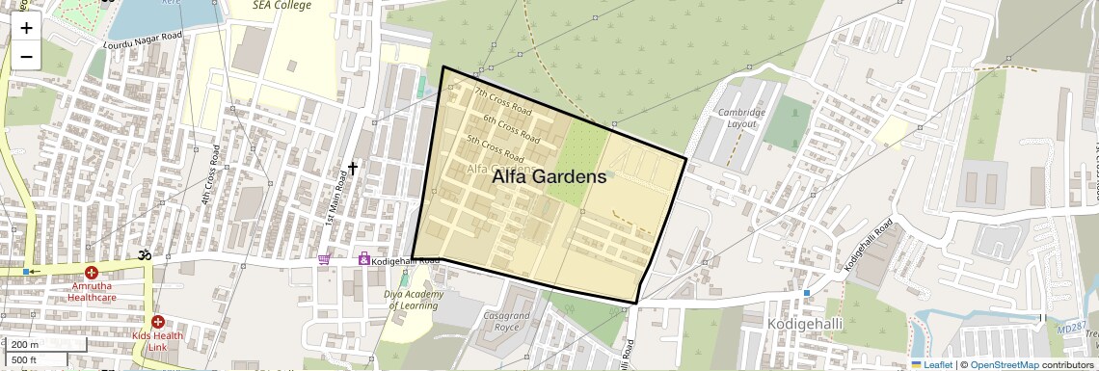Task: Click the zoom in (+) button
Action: (26, 28)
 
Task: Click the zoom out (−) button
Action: (26, 56)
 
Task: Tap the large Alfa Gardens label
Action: (549, 177)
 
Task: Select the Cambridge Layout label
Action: (740, 119)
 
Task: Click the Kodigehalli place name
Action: (804, 324)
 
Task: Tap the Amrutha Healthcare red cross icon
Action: (92, 275)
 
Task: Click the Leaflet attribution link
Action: (931, 364)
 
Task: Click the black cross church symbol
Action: (353, 168)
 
